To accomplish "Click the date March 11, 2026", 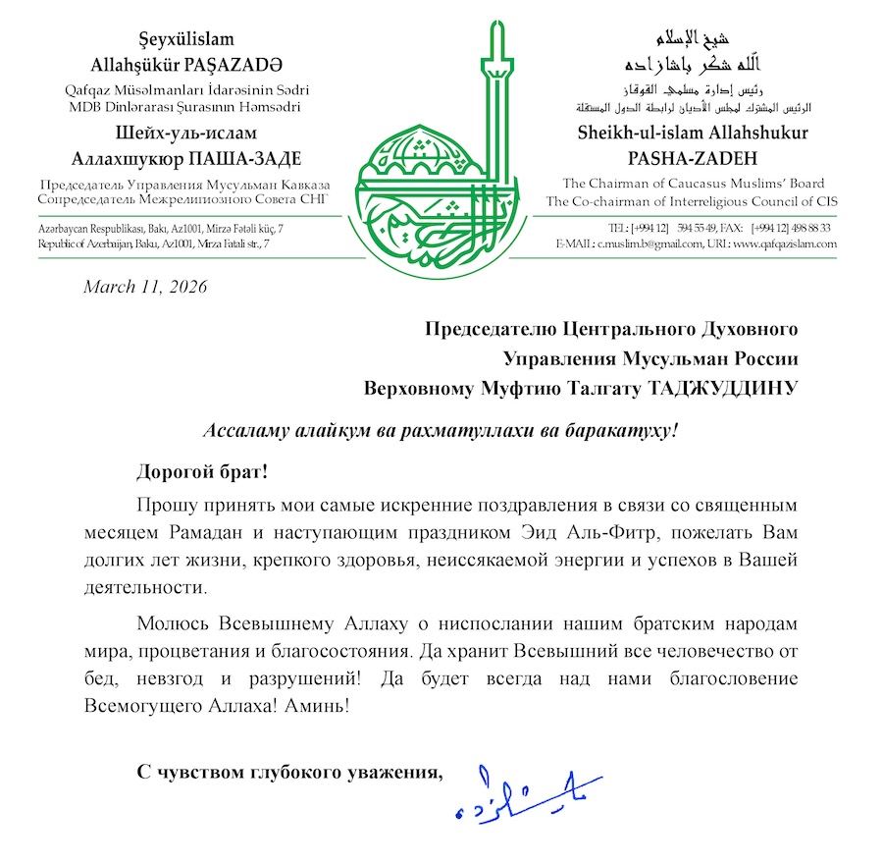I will click(145, 287).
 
